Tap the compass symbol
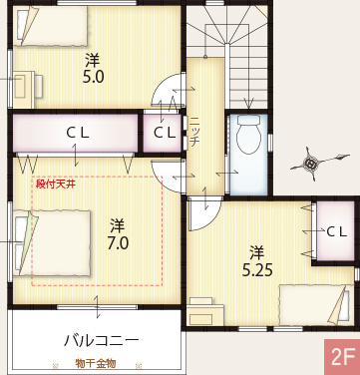(311, 163)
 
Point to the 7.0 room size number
(117, 242)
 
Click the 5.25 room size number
(257, 269)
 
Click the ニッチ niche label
(194, 131)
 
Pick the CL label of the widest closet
(77, 132)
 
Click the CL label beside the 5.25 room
(336, 231)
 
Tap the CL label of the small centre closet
(165, 132)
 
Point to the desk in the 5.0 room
(26, 84)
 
